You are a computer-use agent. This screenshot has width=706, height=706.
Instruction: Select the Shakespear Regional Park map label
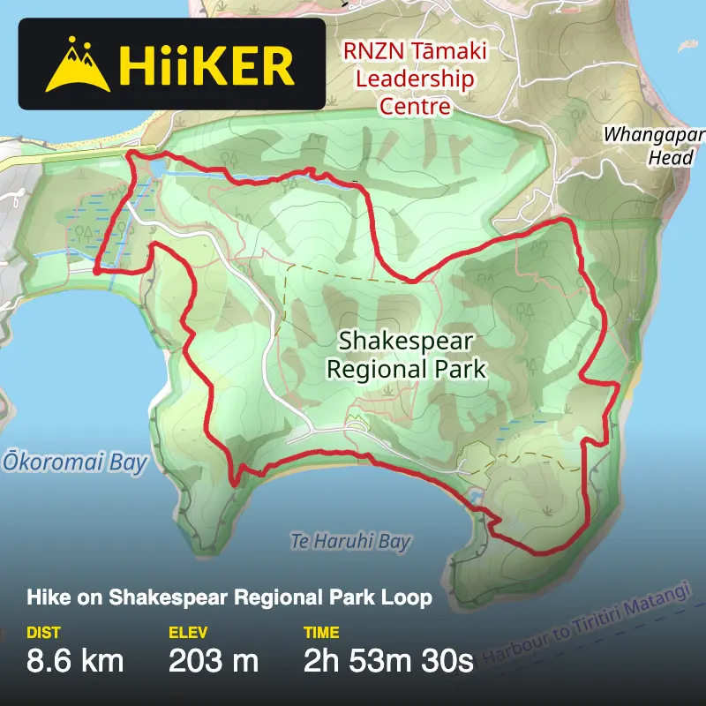(x=406, y=354)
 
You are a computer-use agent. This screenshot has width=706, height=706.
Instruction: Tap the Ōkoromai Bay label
(x=76, y=463)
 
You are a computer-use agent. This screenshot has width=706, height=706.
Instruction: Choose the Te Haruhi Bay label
(x=351, y=541)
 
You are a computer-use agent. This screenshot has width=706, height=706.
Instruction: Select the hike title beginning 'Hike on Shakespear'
(x=229, y=597)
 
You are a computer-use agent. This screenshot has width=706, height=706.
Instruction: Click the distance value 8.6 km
(x=76, y=660)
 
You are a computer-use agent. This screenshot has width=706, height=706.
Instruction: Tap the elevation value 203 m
(x=213, y=660)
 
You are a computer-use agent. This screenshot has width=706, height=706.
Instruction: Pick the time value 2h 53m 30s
(x=389, y=660)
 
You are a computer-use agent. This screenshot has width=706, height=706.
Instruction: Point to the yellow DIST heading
(x=43, y=632)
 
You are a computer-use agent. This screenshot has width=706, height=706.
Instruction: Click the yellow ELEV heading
(x=188, y=632)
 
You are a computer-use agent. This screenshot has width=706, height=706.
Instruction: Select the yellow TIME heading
(x=321, y=632)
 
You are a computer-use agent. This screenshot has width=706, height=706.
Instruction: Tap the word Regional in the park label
(x=367, y=368)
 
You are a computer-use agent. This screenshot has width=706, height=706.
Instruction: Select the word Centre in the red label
(x=415, y=106)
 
